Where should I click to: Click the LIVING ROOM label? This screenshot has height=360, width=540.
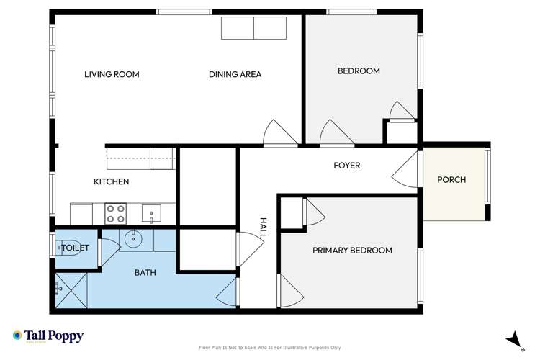pos(112,74)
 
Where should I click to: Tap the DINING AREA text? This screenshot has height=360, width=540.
pos(235,74)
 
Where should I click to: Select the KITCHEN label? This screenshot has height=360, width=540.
pos(111,181)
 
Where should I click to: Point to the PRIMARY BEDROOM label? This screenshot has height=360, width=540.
pos(352,251)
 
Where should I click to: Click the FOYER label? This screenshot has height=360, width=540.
pos(346,166)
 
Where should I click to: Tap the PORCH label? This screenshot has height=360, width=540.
pos(451,180)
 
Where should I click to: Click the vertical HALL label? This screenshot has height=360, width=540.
pos(264,229)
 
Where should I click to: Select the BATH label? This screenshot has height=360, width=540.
pos(146,273)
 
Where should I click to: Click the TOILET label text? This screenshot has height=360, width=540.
pos(75,248)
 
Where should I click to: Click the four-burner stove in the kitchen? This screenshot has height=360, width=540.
pos(116,213)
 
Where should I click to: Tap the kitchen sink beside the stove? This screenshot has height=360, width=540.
pos(151,212)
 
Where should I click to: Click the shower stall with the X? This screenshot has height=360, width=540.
pos(71,289)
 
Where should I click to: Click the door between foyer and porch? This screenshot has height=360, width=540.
pos(406,170)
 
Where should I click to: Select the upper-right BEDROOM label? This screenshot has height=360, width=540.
pos(359,71)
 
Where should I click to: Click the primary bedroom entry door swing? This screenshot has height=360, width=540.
pos(292,290)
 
